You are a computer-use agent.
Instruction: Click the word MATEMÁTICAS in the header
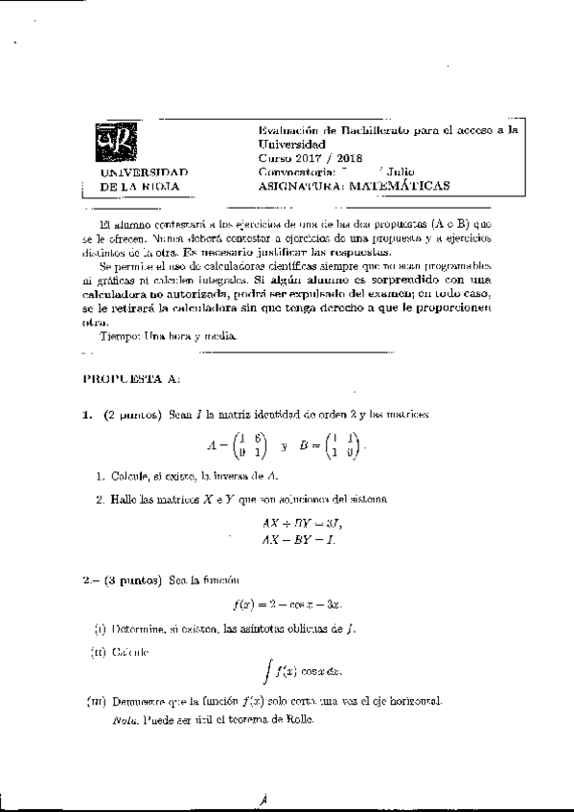click(394, 188)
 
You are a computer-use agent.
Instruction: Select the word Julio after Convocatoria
click(400, 173)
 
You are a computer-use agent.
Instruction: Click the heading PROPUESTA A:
click(130, 379)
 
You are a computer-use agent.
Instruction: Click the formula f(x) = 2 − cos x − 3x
click(287, 604)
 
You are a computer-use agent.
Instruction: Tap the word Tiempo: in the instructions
click(120, 337)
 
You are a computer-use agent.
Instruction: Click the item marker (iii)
click(96, 703)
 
